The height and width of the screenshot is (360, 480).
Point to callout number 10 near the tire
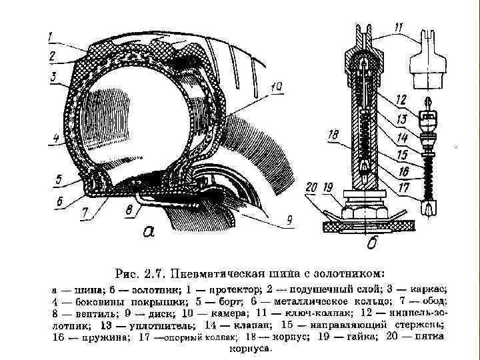point(277,86)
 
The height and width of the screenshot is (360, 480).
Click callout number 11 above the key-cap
point(398,28)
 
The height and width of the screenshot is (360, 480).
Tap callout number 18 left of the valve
point(332,135)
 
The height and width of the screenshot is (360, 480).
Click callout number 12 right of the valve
point(401,99)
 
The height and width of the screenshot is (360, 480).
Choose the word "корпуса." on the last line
point(249,348)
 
